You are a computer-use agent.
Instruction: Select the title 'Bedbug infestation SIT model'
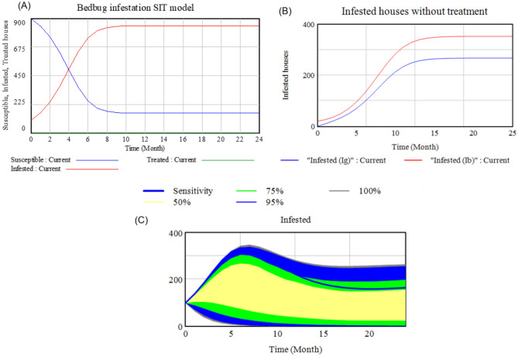[x=133, y=8]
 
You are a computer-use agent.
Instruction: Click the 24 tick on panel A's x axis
[x=258, y=139]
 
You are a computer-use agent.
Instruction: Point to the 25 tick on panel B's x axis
[x=512, y=133]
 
